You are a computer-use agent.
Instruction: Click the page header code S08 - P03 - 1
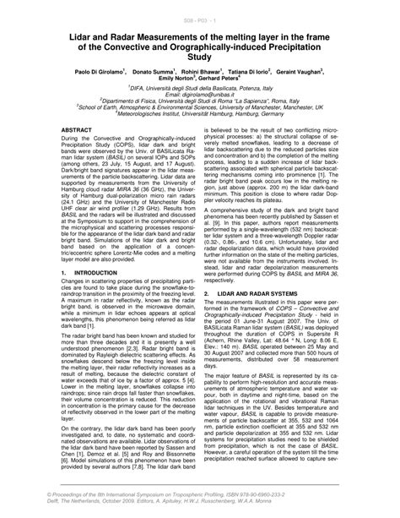(200, 17)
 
